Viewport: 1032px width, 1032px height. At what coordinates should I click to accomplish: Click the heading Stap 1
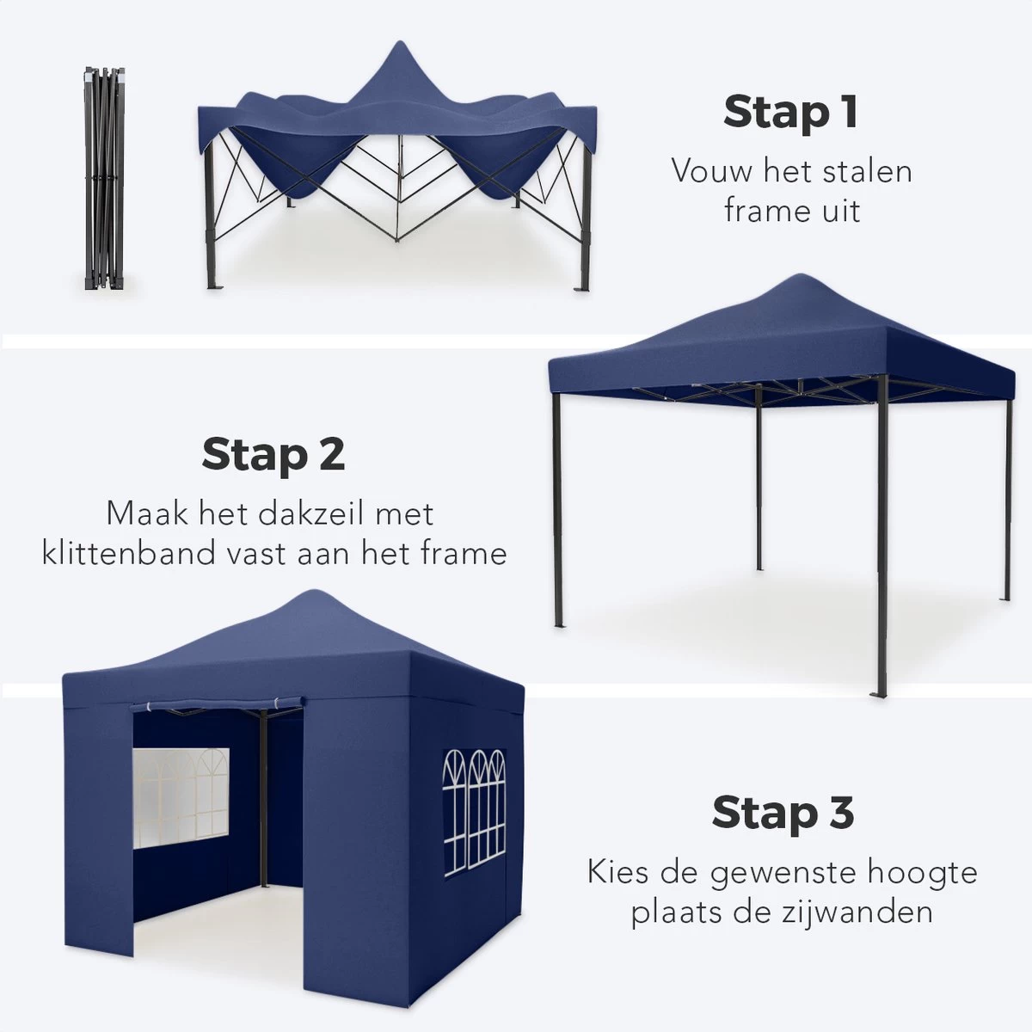click(x=790, y=113)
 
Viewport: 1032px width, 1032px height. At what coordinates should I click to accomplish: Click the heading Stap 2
click(x=273, y=454)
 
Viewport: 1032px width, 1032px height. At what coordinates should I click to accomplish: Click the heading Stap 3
click(x=783, y=813)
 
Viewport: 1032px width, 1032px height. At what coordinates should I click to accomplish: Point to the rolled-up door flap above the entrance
click(x=215, y=707)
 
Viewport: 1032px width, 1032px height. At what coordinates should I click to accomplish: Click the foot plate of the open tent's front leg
click(x=879, y=693)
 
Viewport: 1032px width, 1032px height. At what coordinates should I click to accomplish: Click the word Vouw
click(x=709, y=170)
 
